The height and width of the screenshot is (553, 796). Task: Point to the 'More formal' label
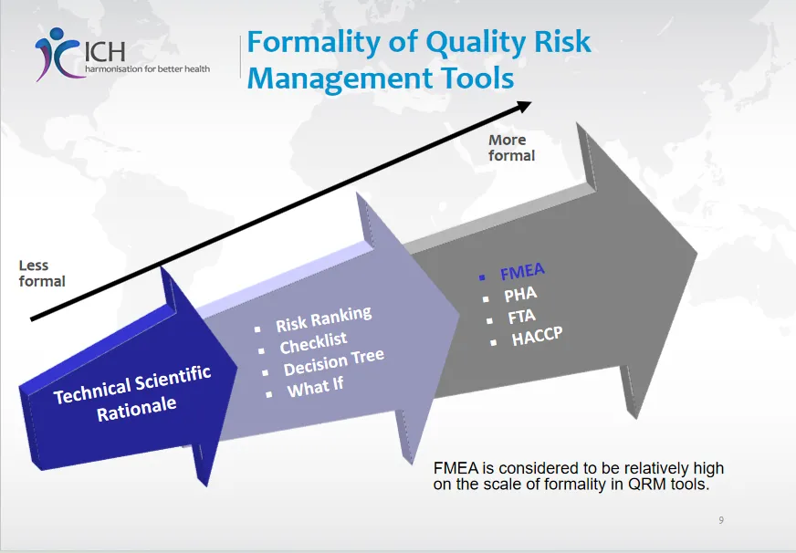(510, 147)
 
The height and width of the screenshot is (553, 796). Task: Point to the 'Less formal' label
(42, 273)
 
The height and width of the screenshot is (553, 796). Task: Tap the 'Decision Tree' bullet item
(333, 362)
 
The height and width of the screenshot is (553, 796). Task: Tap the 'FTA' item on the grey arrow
(521, 318)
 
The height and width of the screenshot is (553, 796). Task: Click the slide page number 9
(721, 520)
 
